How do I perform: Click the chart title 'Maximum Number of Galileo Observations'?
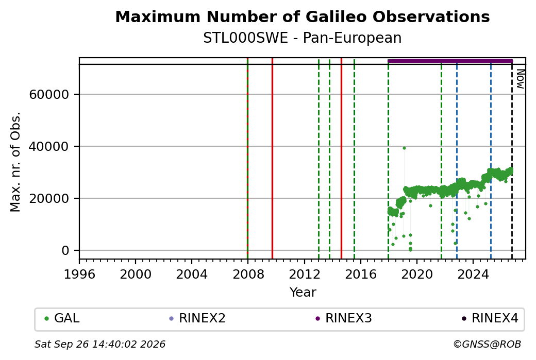click(303, 16)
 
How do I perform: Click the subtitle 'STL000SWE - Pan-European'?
click(303, 38)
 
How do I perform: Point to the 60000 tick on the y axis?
click(49, 95)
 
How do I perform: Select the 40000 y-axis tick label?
click(49, 147)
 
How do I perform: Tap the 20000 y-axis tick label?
click(49, 198)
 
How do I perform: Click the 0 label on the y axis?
click(65, 250)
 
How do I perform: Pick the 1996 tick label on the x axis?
click(79, 275)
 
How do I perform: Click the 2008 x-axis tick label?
click(248, 275)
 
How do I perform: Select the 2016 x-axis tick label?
click(361, 275)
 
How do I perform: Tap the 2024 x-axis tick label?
click(473, 275)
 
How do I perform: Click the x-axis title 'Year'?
click(303, 293)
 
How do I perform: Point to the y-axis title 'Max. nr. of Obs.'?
click(15, 162)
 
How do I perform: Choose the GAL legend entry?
click(62, 318)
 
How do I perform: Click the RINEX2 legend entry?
click(197, 318)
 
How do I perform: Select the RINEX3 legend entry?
click(344, 318)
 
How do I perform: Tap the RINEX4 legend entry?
click(490, 318)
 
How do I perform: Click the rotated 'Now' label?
click(520, 79)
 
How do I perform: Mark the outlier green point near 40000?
click(404, 148)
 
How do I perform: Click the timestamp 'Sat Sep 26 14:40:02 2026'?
click(100, 344)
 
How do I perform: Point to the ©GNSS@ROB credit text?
click(487, 344)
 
